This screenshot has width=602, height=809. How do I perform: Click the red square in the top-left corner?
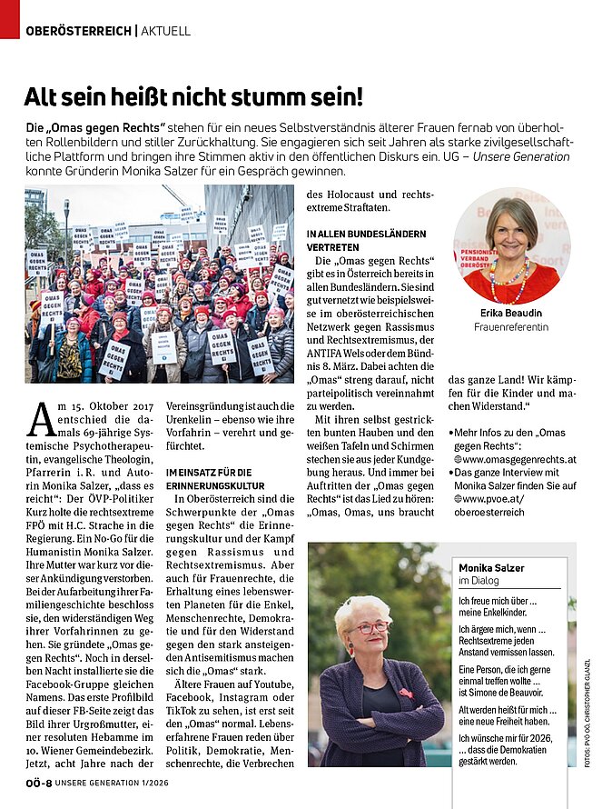click(x=9, y=18)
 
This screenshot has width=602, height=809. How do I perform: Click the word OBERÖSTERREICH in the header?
click(x=79, y=31)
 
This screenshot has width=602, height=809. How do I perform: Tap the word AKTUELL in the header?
click(x=166, y=31)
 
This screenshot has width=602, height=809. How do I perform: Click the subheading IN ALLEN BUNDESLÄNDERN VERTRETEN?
click(x=356, y=240)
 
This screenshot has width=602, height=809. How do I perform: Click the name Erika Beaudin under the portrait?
click(x=511, y=312)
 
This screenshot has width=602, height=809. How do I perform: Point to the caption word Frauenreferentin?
click(x=511, y=327)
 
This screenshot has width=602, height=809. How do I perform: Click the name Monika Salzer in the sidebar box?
click(x=491, y=568)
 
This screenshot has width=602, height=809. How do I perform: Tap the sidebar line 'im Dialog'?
click(x=477, y=582)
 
